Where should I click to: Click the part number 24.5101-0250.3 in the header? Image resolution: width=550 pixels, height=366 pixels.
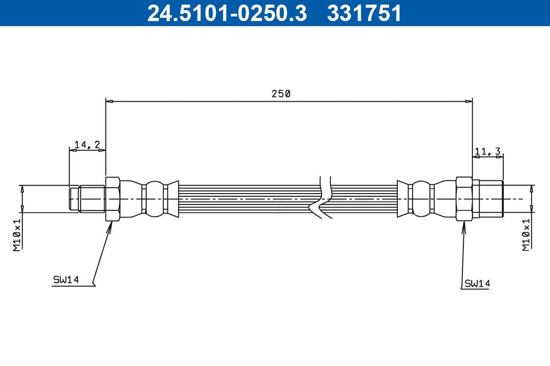click(227, 13)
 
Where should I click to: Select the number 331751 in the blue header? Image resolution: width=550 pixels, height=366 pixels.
click(364, 13)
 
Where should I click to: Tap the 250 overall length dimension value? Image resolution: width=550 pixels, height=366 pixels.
click(281, 94)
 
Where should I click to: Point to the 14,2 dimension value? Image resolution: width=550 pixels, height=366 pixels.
click(87, 145)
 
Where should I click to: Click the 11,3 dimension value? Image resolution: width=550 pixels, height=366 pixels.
click(487, 150)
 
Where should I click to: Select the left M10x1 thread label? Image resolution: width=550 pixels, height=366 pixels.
click(17, 235)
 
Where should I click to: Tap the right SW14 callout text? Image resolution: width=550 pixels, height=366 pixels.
click(477, 284)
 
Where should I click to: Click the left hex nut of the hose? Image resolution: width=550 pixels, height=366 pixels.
click(112, 199)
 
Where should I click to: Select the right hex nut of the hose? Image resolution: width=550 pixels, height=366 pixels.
click(464, 199)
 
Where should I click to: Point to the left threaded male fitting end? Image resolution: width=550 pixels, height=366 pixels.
click(87, 199)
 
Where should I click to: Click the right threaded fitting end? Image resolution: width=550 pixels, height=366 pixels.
click(488, 199)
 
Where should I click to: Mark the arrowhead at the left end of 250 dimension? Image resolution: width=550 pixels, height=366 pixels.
click(108, 102)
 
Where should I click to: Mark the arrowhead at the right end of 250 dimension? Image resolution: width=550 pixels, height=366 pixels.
click(470, 102)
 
